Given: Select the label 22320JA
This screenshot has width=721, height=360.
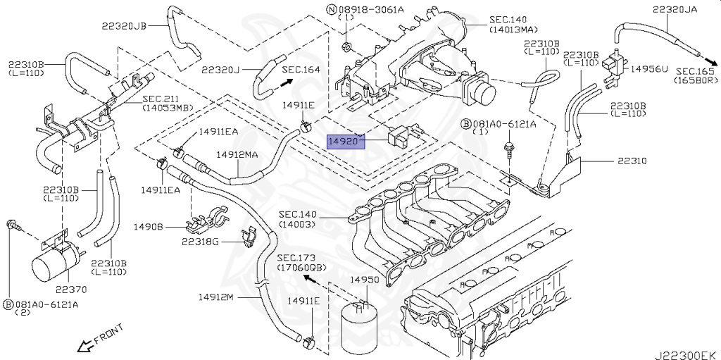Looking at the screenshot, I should point(675,10).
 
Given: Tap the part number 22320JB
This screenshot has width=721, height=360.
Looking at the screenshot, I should point(123,25).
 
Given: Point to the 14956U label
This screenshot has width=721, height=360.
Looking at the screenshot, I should point(648,69).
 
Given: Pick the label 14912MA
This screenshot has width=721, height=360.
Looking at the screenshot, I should point(237,154).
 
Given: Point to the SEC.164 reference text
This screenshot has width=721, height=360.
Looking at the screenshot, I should point(301,69).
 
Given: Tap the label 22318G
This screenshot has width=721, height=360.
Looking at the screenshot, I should point(200,242).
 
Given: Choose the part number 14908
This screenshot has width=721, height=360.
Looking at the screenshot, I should point(149,227).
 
